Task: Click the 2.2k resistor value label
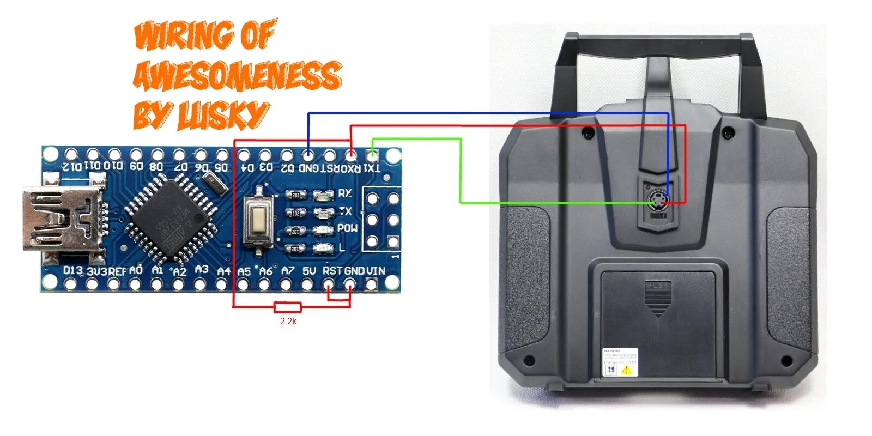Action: [288, 321]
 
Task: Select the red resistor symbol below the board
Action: [288, 307]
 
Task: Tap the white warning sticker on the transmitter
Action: [620, 362]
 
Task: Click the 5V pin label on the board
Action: [309, 271]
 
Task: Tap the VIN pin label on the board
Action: [376, 271]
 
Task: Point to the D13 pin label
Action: [72, 270]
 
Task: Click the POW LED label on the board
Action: [347, 228]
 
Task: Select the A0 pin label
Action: [136, 270]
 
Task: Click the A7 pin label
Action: [288, 271]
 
